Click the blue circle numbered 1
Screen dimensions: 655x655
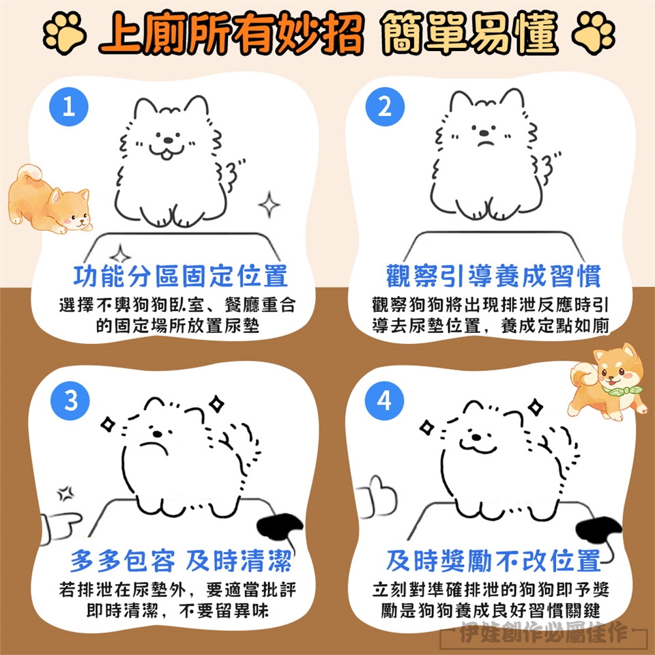(x=68, y=107)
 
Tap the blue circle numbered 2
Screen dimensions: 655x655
(x=385, y=107)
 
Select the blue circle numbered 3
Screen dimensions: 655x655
(x=70, y=401)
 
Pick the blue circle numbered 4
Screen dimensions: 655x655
(x=384, y=401)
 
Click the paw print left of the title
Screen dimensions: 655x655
(x=65, y=33)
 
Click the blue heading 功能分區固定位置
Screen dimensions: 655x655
(x=180, y=276)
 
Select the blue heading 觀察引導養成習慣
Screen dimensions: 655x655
(x=493, y=276)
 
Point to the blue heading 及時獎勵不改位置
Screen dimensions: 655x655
(x=493, y=561)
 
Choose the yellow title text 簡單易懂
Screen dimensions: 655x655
(x=470, y=33)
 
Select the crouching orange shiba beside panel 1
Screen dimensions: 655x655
(x=49, y=200)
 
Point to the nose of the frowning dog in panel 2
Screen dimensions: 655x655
(x=484, y=133)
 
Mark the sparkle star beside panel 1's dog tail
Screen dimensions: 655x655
(x=269, y=205)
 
